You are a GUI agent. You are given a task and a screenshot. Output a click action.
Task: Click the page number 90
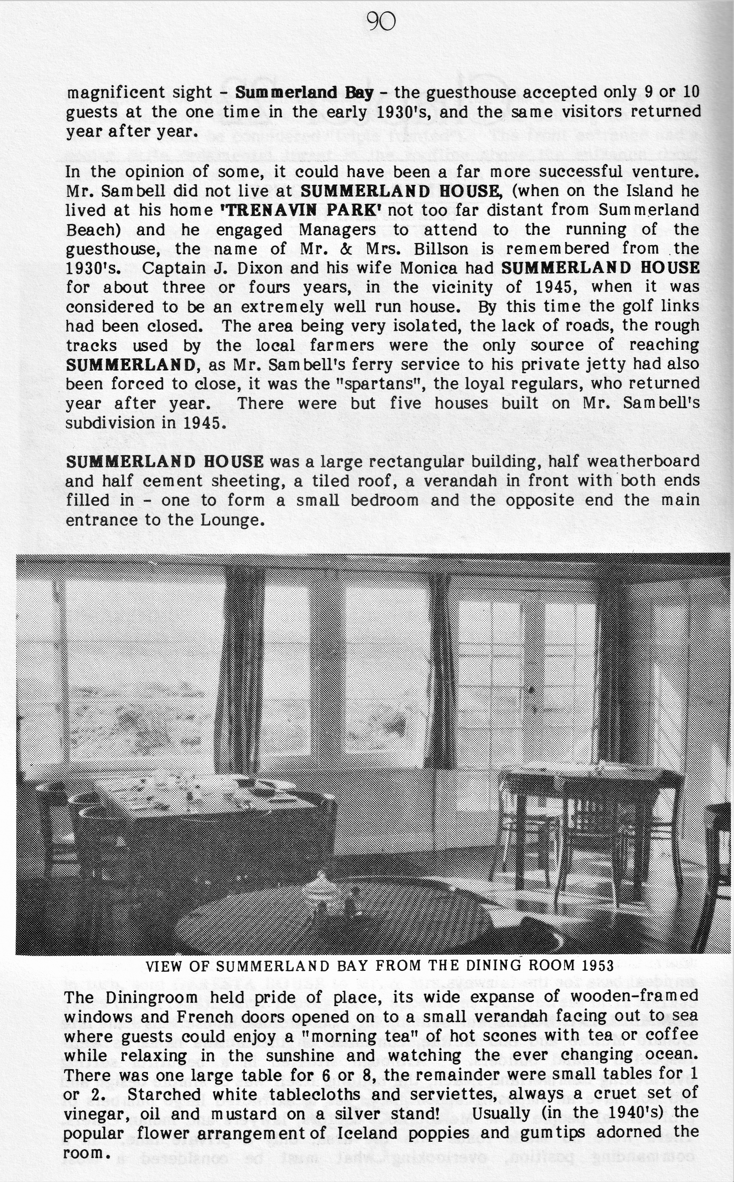381,22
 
